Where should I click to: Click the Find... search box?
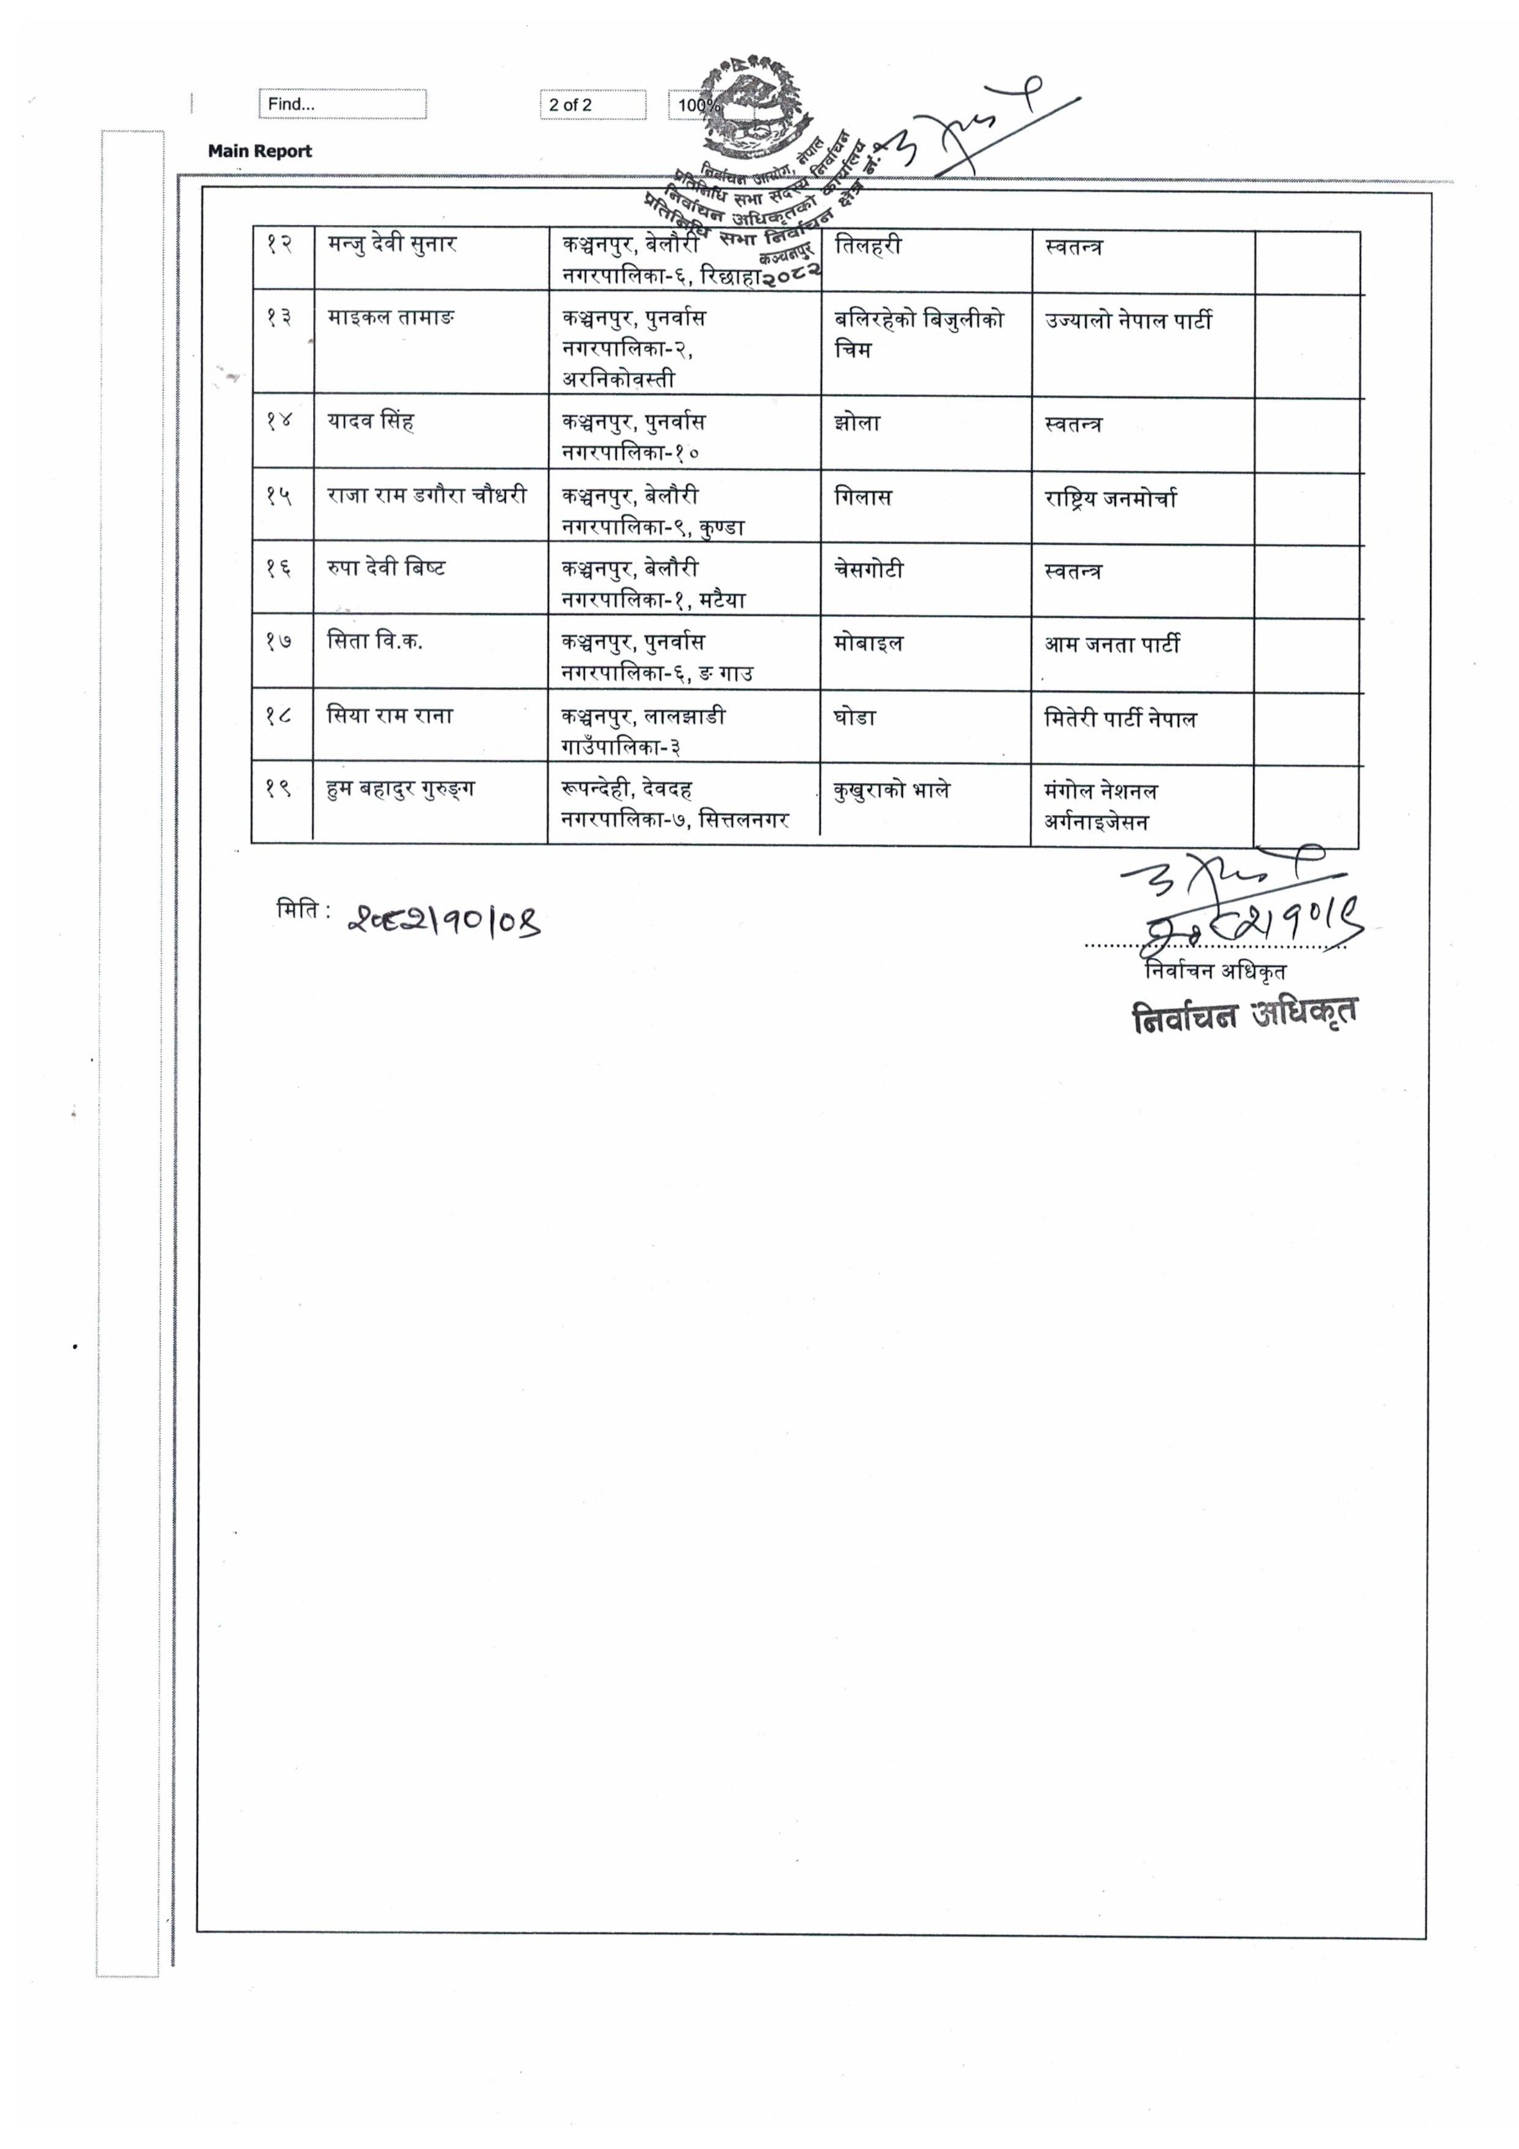pyautogui.click(x=342, y=104)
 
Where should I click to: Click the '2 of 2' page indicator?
pyautogui.click(x=592, y=105)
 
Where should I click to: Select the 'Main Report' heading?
pyautogui.click(x=259, y=151)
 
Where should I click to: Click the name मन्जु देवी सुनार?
pyautogui.click(x=392, y=245)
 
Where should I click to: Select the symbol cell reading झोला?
pyautogui.click(x=856, y=423)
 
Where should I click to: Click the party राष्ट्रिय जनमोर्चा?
pyautogui.click(x=1110, y=498)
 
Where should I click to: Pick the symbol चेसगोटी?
pyautogui.click(x=869, y=570)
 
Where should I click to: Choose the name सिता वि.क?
pyautogui.click(x=374, y=641)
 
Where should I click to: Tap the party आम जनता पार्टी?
pyautogui.click(x=1112, y=644)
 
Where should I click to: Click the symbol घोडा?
pyautogui.click(x=854, y=717)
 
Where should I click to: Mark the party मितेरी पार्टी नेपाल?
pyautogui.click(x=1120, y=719)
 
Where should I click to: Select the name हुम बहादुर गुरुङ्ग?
pyautogui.click(x=400, y=788)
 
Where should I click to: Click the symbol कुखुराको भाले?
pyautogui.click(x=891, y=790)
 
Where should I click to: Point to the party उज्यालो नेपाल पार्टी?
pyautogui.click(x=1128, y=320)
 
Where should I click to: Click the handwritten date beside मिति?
pyautogui.click(x=445, y=921)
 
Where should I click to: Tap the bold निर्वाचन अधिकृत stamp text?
pyautogui.click(x=1244, y=1016)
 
